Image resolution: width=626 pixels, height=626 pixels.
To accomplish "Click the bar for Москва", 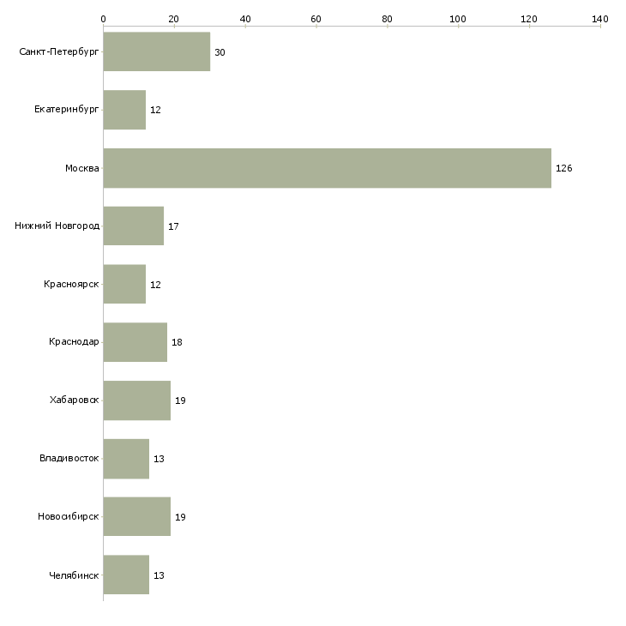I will (327, 168).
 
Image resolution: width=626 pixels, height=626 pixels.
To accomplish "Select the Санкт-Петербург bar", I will (156, 52).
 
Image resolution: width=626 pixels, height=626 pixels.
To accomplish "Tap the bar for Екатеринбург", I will (124, 110).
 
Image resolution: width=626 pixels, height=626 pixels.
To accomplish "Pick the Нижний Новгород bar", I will (133, 226).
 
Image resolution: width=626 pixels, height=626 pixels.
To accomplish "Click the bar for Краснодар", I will (135, 342).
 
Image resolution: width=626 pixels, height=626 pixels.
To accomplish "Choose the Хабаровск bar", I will (136, 400).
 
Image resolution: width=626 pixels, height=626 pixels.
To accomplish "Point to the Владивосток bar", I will (126, 459).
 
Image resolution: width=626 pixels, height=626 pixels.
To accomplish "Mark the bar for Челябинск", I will (126, 575).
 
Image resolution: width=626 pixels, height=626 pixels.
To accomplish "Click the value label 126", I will (563, 168).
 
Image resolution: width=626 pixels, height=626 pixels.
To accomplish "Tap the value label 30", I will (220, 52).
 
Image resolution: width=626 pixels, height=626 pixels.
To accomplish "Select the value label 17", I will (173, 226).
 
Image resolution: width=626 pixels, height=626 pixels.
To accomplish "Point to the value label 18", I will (177, 342).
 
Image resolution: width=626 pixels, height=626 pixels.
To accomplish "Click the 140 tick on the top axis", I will (599, 18).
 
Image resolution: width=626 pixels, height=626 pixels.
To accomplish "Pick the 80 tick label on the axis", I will (387, 18).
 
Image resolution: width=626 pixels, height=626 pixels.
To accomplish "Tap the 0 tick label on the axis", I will (103, 18).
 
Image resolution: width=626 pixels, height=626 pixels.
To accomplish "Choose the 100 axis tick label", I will (458, 18).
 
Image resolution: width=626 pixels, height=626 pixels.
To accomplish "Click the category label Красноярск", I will (72, 285).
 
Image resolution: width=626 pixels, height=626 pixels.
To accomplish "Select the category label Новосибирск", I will (69, 517).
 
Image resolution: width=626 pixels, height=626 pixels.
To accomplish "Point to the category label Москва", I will (82, 168).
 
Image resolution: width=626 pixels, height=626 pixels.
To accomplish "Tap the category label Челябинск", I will (74, 575).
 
